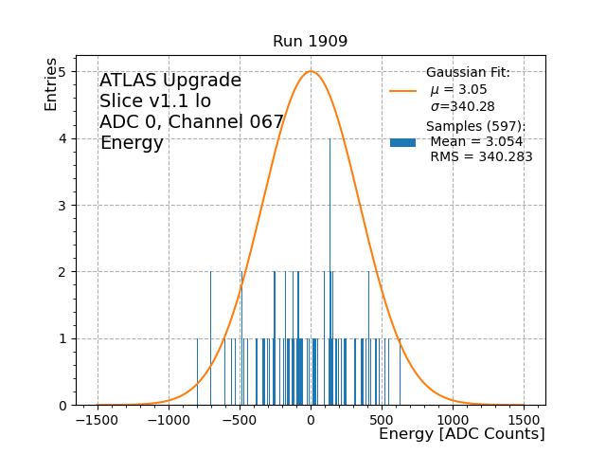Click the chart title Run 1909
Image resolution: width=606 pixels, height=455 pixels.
tap(310, 42)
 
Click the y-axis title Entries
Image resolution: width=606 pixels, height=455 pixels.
tap(51, 83)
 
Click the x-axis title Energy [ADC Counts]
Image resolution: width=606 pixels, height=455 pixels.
tap(461, 434)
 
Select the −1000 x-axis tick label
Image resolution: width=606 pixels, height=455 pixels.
tap(169, 420)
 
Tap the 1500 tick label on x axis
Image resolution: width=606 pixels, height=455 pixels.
tap(524, 420)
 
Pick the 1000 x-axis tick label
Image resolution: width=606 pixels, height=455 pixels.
tap(453, 420)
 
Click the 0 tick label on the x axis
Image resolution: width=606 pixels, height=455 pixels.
tap(311, 420)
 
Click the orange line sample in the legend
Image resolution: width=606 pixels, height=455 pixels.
tap(402, 91)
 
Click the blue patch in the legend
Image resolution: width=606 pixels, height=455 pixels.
tap(402, 142)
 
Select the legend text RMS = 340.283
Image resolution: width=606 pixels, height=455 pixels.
tap(481, 157)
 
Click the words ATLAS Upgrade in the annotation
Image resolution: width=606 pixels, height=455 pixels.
tap(170, 81)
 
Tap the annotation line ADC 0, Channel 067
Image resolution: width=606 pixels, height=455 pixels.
tap(191, 122)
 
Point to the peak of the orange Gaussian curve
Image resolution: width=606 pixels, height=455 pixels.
tap(311, 72)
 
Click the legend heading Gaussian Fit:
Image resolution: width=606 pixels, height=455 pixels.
tap(468, 73)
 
